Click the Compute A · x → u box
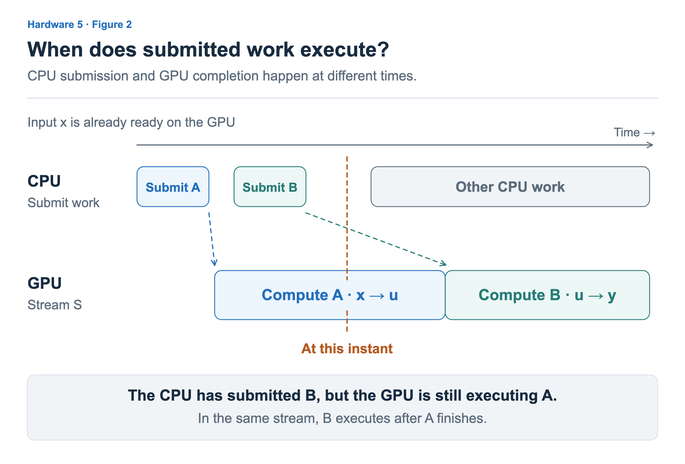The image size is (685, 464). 330,295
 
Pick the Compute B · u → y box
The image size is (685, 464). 547,295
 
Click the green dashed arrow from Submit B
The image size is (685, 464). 376,238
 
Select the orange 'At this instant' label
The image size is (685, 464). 346,348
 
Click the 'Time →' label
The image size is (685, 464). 634,132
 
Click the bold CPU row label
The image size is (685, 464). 44,181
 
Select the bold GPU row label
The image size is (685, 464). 45,283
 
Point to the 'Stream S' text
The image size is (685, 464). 55,304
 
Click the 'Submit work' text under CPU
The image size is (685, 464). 63,203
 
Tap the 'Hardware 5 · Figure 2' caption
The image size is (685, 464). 80,25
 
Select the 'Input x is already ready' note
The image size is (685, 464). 131,122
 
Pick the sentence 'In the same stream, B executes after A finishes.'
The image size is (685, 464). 342,418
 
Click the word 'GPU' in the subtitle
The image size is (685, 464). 174,76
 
